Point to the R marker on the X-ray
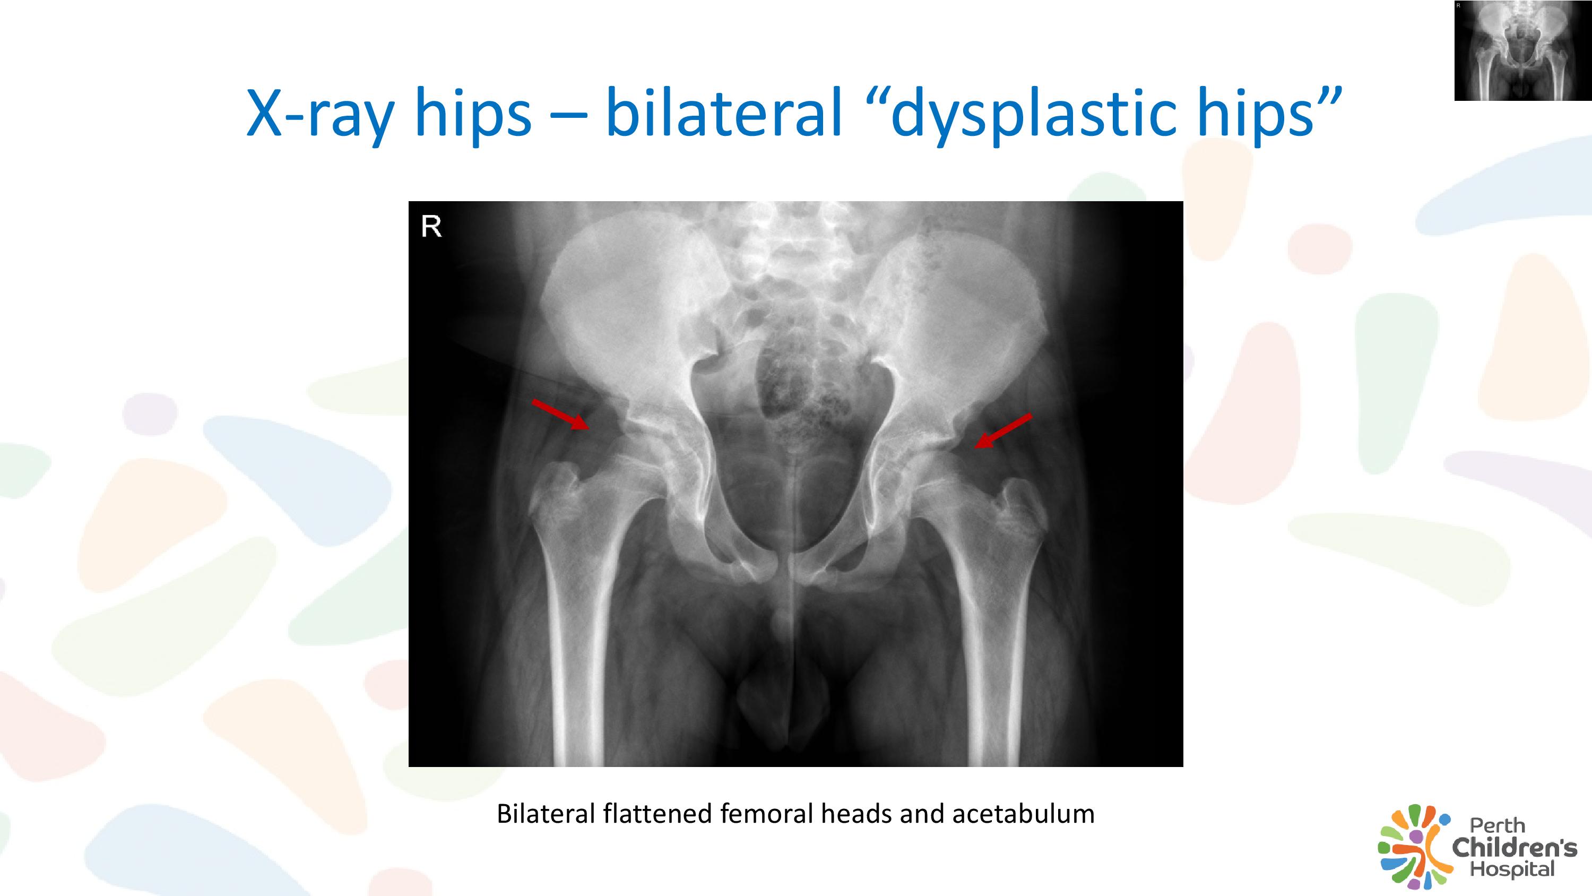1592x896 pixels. (431, 227)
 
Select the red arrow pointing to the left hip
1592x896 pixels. (1003, 430)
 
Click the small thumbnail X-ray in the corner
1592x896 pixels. (1523, 51)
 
